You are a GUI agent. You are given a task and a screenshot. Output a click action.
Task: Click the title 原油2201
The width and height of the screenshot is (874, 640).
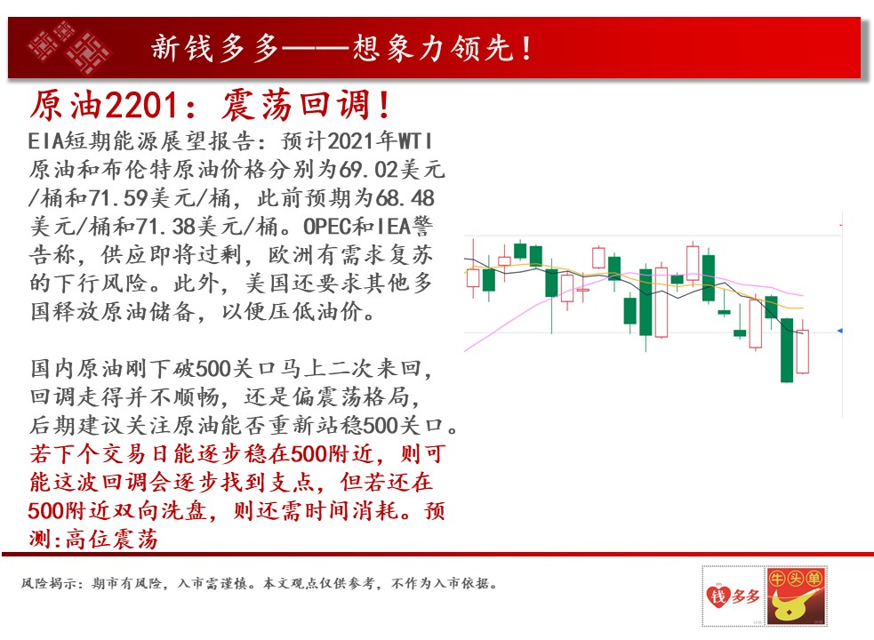[x=104, y=105]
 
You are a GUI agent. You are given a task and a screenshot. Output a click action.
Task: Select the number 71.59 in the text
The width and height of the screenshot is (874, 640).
[x=119, y=197]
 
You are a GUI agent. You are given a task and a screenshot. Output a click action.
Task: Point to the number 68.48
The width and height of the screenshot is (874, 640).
[x=405, y=197]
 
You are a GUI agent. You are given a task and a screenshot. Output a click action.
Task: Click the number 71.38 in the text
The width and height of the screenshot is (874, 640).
[x=166, y=226]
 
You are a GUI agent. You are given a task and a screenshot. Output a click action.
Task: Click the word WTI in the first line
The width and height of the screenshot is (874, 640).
[x=415, y=140]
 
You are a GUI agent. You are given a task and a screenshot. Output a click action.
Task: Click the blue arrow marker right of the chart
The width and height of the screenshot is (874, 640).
[x=840, y=332]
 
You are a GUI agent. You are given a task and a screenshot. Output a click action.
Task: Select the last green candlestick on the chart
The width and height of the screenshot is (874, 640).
[x=787, y=350]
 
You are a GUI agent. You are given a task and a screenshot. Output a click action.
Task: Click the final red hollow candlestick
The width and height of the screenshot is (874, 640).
[x=803, y=352]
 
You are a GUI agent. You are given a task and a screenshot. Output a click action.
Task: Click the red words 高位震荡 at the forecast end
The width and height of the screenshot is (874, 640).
[x=111, y=539]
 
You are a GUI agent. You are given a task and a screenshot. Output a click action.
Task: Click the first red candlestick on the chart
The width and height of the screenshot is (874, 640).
[x=473, y=277]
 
